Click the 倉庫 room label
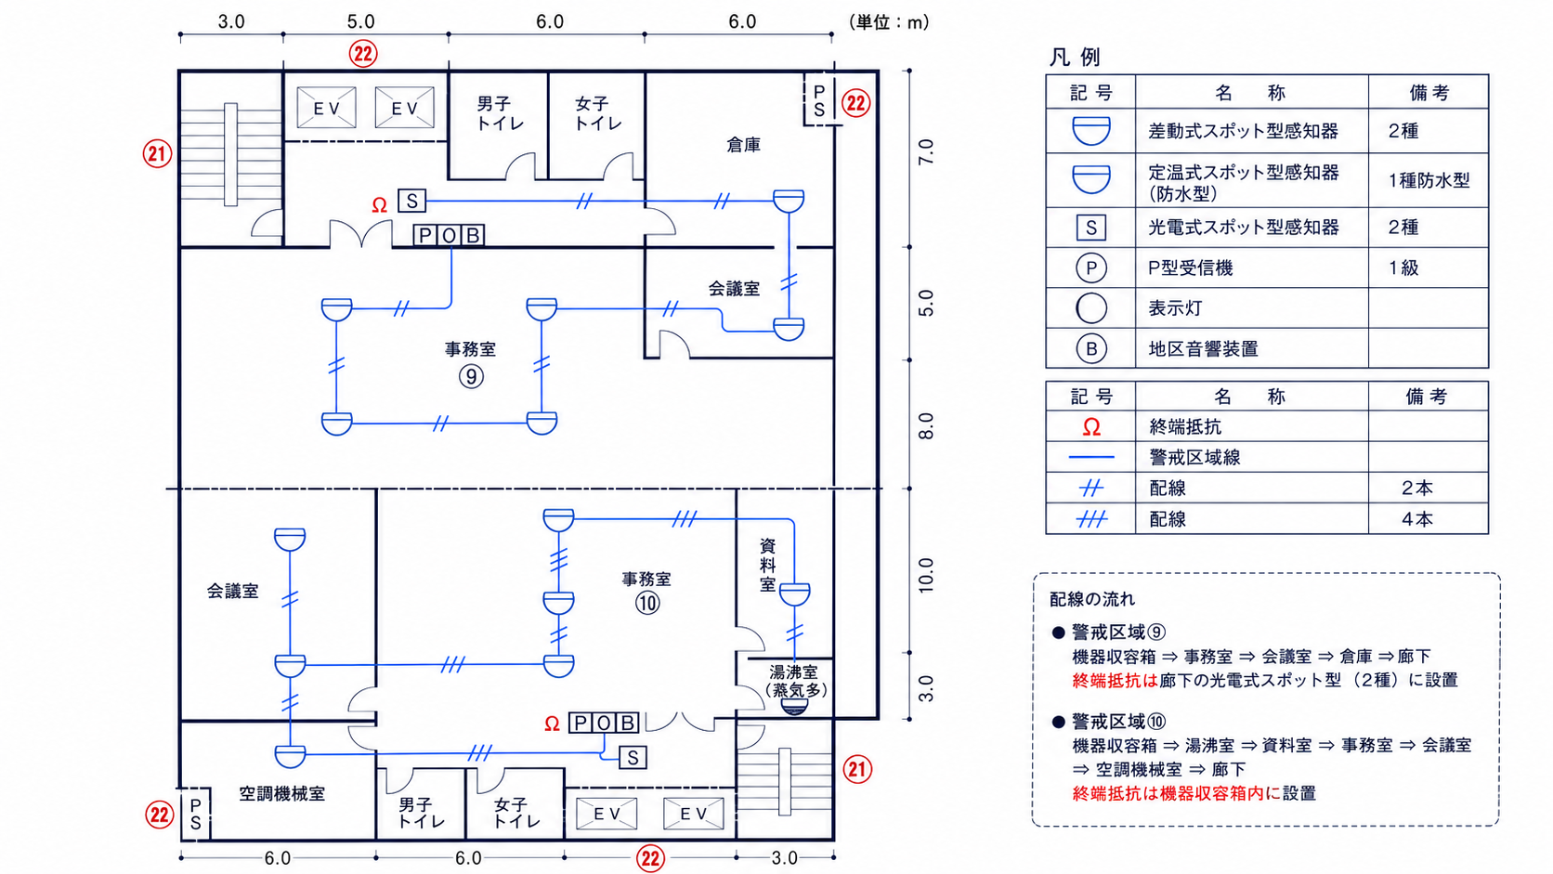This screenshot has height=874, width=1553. tap(743, 145)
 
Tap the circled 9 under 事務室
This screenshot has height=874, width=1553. tap(472, 376)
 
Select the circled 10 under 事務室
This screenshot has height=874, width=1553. tap(647, 603)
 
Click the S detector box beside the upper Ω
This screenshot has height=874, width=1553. tap(411, 201)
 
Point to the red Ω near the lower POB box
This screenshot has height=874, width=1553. tap(552, 724)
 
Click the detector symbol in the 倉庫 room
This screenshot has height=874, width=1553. tap(789, 201)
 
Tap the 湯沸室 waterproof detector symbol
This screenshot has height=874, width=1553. tap(794, 706)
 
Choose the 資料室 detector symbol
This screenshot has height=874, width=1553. tap(794, 594)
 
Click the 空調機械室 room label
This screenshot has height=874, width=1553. tap(282, 793)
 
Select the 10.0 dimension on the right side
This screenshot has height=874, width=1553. tap(926, 575)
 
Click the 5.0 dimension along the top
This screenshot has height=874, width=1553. tap(360, 21)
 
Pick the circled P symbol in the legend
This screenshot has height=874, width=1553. tap(1091, 268)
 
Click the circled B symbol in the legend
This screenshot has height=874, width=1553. tap(1091, 348)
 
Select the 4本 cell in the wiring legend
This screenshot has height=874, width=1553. tap(1416, 519)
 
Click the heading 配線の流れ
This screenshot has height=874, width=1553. tap(1092, 599)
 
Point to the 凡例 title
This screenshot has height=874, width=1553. tap(1076, 57)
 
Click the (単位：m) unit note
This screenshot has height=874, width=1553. tap(889, 22)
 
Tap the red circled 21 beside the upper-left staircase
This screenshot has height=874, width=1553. tap(157, 153)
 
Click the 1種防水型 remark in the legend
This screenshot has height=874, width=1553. tap(1429, 181)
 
